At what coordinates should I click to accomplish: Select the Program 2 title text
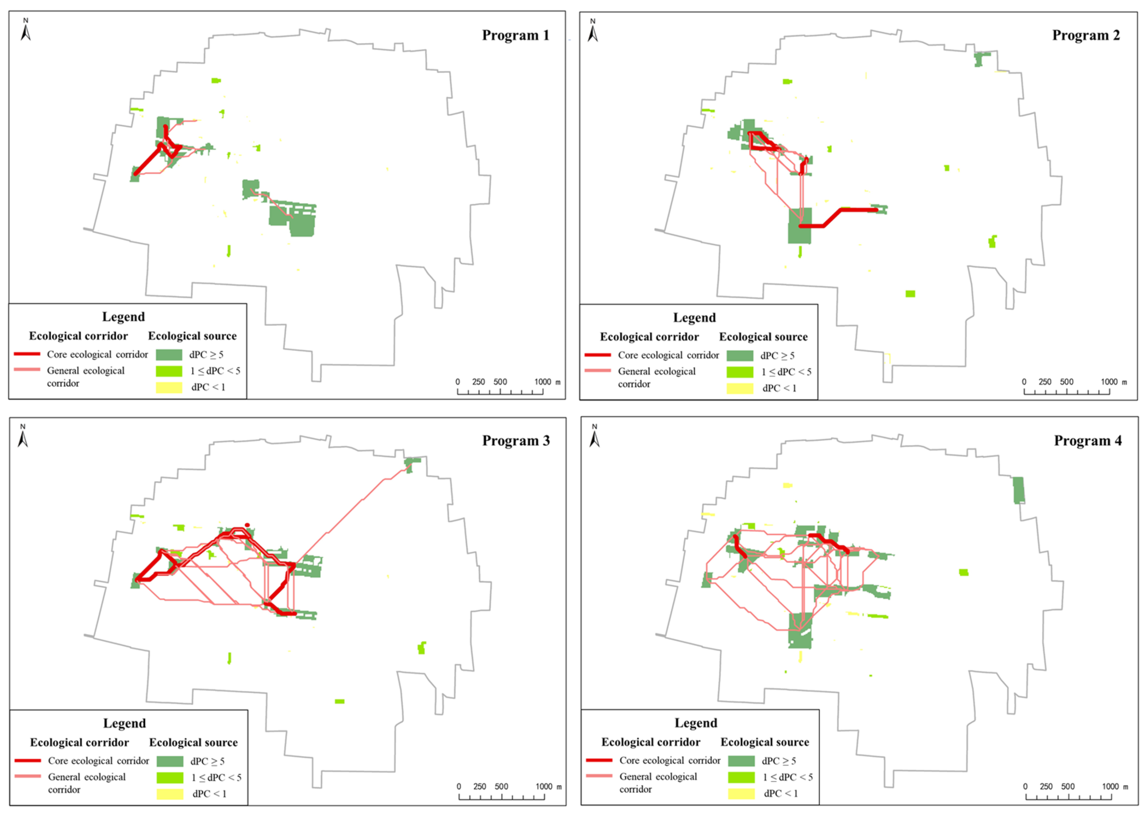tap(1086, 35)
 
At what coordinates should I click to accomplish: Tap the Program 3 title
tap(516, 441)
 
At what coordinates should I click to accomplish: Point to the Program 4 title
tap(1087, 441)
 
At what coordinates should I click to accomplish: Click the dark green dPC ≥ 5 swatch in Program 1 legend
tap(169, 355)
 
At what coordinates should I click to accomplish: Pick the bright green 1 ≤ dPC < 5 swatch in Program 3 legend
tap(170, 777)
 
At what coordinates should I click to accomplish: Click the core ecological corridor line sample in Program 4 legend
tap(599, 760)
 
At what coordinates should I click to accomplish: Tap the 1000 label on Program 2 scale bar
tap(1109, 382)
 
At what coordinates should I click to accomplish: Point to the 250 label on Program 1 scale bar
tap(479, 382)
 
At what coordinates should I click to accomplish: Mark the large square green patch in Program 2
tap(799, 226)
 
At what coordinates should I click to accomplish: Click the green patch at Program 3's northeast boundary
tap(412, 462)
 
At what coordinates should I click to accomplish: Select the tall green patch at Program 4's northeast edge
tap(1018, 490)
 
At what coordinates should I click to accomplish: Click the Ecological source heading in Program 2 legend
tap(763, 337)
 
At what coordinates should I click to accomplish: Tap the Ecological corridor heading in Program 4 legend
tap(651, 742)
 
